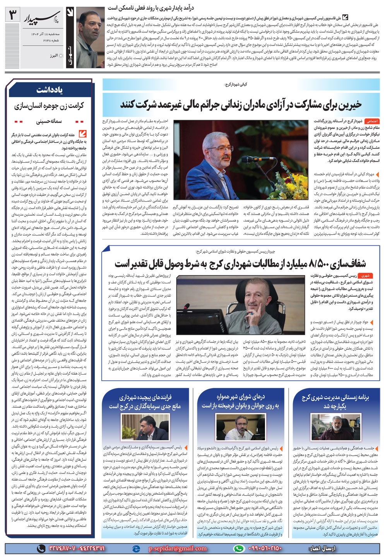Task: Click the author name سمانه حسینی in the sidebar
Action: pyautogui.click(x=50, y=121)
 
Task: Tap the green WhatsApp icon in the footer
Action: pyautogui.click(x=240, y=548)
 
